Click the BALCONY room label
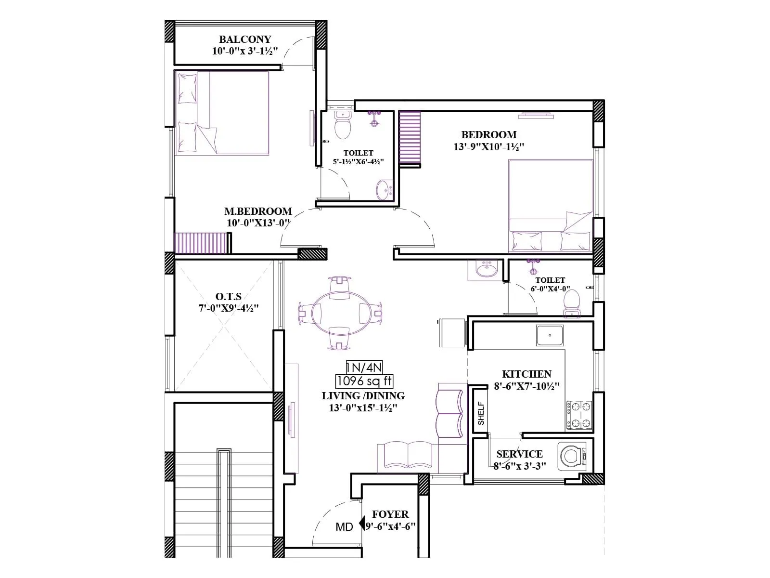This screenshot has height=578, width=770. [245, 39]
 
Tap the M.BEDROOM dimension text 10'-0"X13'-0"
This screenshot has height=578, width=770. [258, 223]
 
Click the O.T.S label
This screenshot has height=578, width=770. [229, 296]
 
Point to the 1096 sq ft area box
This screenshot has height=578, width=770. [364, 381]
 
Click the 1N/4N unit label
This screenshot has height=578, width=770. [364, 368]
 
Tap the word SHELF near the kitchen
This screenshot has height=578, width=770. [481, 413]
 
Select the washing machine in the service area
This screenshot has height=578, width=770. [572, 456]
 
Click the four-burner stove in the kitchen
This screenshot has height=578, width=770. [579, 415]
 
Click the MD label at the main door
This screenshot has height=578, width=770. [344, 527]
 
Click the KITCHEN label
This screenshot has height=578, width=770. [526, 374]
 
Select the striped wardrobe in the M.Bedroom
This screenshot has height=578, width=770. [200, 243]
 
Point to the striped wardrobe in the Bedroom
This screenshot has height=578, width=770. [410, 138]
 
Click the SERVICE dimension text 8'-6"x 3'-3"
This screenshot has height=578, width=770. [520, 466]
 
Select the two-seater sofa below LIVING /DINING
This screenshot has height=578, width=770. [408, 455]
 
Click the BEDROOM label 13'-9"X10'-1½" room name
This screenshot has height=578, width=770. [488, 135]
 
